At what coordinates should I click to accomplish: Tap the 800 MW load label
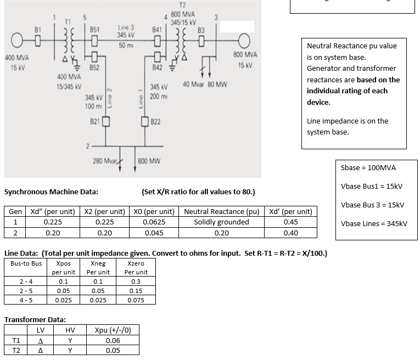click(149, 161)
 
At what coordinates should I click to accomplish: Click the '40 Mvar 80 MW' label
click(204, 85)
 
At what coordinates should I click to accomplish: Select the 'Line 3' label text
click(126, 27)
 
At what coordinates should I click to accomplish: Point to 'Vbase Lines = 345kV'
click(374, 223)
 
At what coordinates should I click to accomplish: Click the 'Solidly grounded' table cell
click(221, 222)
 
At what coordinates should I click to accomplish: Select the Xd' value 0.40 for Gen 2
click(290, 233)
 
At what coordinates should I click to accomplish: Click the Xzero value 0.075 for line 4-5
click(136, 300)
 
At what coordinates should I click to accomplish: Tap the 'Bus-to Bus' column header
click(25, 263)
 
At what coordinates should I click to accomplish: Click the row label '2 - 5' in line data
click(25, 291)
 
